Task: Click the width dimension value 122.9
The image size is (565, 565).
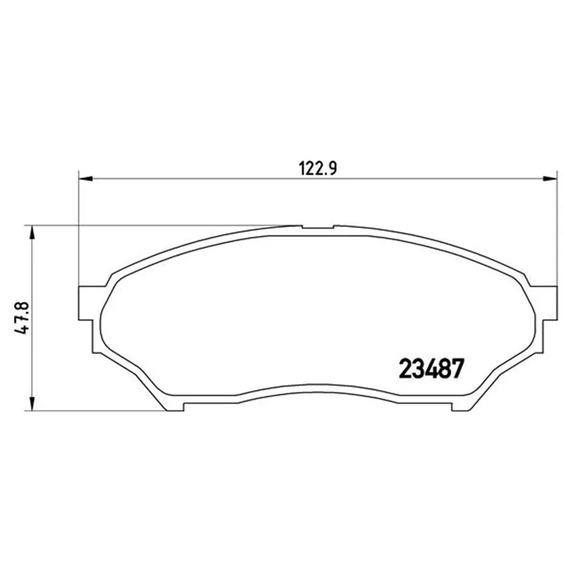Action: pyautogui.click(x=318, y=168)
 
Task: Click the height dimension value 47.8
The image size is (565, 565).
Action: pyautogui.click(x=21, y=317)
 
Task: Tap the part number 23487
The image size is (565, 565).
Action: pyautogui.click(x=431, y=369)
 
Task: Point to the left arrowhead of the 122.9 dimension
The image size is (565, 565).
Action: pyautogui.click(x=85, y=179)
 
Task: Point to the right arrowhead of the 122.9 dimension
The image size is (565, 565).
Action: pyautogui.click(x=550, y=179)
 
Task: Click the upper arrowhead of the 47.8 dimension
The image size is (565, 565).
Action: pyautogui.click(x=32, y=232)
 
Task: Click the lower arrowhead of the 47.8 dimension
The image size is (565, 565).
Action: pyautogui.click(x=32, y=403)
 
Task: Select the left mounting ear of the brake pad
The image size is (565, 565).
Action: pyautogui.click(x=89, y=303)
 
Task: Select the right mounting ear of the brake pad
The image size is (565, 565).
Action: pyautogui.click(x=547, y=303)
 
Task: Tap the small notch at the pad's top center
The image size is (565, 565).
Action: pyautogui.click(x=318, y=227)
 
